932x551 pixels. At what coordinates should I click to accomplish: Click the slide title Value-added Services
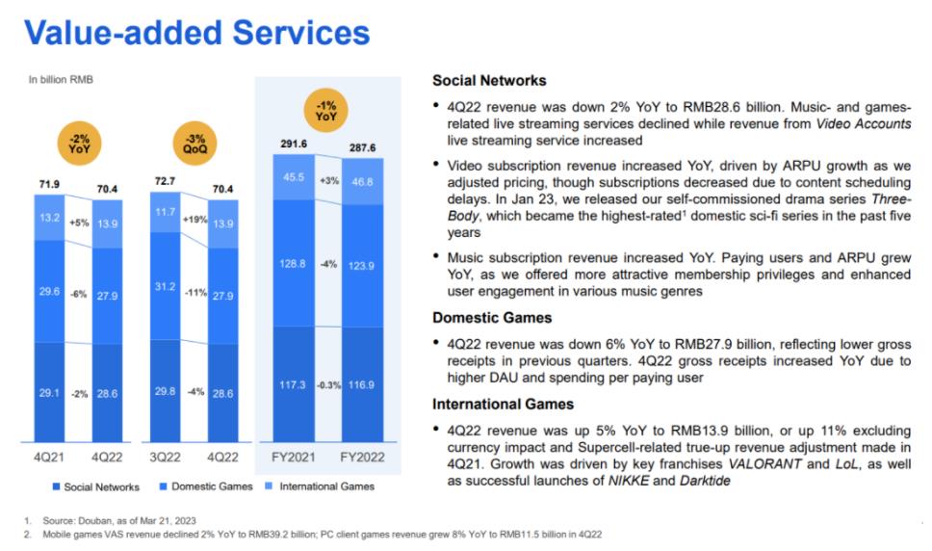tap(197, 32)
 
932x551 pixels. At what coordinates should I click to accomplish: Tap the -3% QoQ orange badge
tap(194, 143)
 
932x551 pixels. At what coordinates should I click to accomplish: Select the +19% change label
tap(194, 220)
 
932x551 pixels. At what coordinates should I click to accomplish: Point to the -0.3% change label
tap(329, 384)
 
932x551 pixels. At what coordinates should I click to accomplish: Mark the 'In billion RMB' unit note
tap(61, 80)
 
